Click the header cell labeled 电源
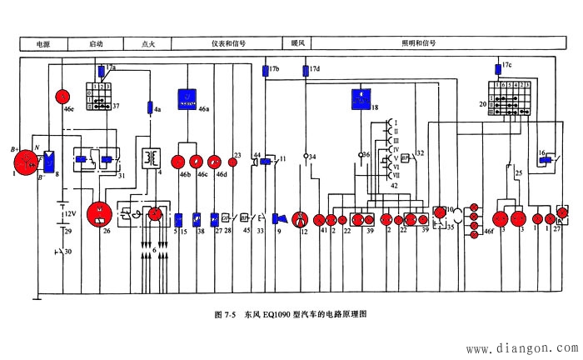(42, 42)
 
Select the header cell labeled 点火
(148, 42)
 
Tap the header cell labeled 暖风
(298, 42)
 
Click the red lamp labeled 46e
(62, 95)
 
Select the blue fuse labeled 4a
(150, 107)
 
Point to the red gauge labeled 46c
(197, 162)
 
